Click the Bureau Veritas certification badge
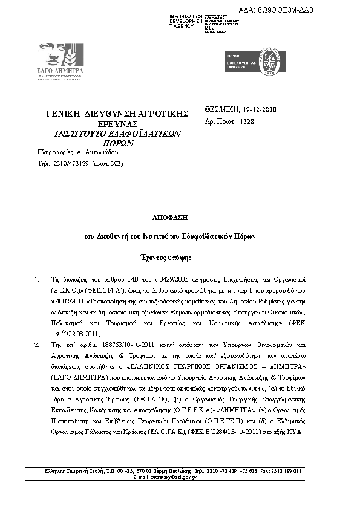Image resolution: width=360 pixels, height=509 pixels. (241, 62)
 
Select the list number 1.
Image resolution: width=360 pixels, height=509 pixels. (38, 280)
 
